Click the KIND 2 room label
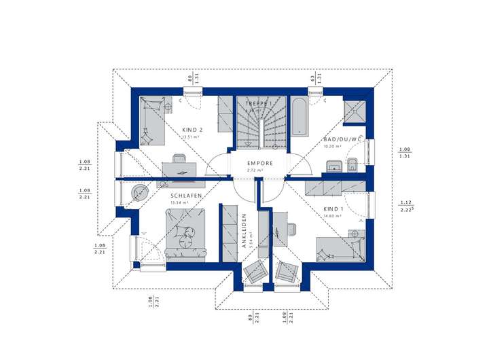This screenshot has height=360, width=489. click(193, 130)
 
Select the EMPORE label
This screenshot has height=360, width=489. click(259, 163)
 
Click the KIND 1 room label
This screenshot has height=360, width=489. click(334, 209)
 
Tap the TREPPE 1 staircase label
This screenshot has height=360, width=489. click(259, 103)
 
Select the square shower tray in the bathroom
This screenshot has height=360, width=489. click(355, 111)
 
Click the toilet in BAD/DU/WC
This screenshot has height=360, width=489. click(352, 165)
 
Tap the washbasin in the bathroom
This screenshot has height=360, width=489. click(333, 165)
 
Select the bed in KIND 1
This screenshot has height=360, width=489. click(340, 248)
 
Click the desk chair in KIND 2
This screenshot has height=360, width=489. click(179, 160)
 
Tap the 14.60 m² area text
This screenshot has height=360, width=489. click(333, 216)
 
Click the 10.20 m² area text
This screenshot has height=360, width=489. click(333, 146)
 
